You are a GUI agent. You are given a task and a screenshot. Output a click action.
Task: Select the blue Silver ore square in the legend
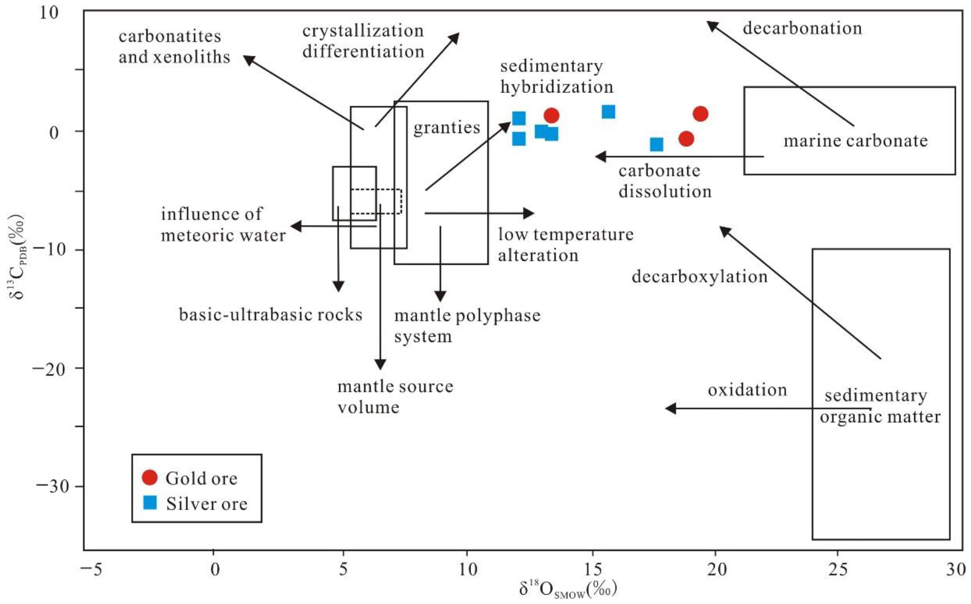tap(150, 502)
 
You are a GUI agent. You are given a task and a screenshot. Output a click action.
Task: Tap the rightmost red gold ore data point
tap(700, 114)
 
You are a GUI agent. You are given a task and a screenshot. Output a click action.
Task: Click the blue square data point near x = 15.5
tap(608, 112)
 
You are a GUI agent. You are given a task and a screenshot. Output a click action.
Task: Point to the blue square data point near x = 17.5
tap(656, 144)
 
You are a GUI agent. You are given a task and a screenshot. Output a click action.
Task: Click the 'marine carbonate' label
tap(855, 141)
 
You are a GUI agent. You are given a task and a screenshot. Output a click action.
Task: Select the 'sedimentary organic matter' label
tap(880, 406)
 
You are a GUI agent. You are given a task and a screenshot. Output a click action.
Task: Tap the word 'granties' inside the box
tap(446, 128)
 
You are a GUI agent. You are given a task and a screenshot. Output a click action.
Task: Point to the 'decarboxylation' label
tap(699, 277)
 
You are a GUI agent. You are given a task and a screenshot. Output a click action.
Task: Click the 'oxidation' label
tap(747, 390)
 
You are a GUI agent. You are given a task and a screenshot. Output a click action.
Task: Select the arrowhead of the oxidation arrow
tap(670, 409)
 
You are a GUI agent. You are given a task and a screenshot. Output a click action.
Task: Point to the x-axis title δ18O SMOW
tap(568, 589)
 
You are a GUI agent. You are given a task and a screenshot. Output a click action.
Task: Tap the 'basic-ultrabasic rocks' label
tap(270, 315)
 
